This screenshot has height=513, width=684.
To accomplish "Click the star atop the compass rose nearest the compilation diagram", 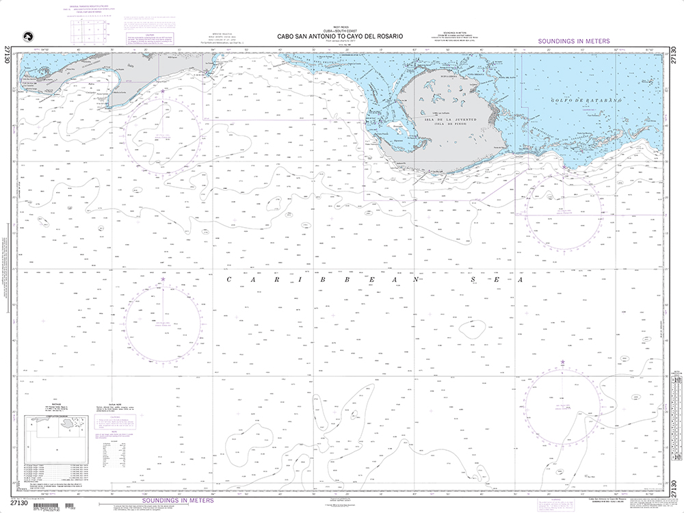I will [163, 280].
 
